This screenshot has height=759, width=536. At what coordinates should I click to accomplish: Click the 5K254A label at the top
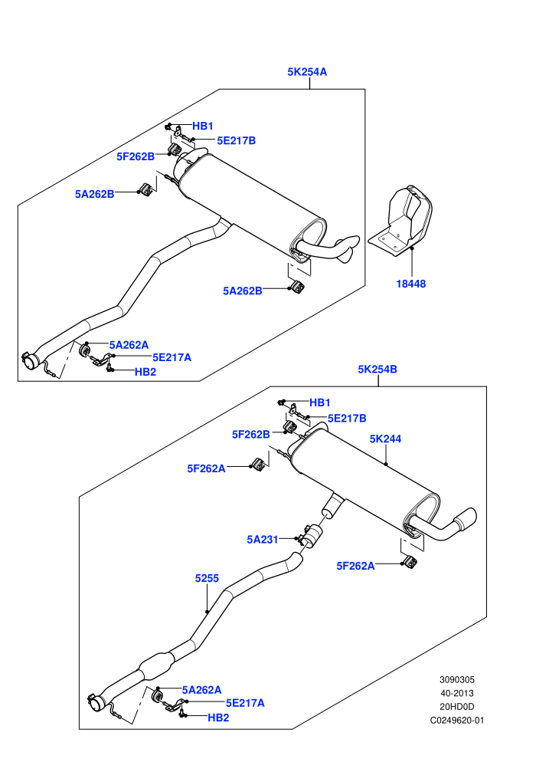pos(307,72)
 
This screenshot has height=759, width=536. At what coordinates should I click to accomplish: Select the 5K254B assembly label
pos(377,370)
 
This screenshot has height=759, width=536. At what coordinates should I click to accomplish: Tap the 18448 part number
pos(411,284)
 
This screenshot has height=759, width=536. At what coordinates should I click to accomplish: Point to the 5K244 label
pos(385,439)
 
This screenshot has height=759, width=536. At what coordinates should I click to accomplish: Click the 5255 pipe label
pos(207,578)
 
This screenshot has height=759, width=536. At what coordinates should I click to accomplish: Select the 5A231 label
pos(263,540)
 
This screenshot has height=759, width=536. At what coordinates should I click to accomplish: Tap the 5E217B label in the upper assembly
pos(236,141)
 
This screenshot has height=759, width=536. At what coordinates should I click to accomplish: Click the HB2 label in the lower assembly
pos(218,718)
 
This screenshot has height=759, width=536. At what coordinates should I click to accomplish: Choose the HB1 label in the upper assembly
pos(202,127)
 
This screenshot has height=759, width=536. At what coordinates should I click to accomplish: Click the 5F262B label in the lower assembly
pos(251,435)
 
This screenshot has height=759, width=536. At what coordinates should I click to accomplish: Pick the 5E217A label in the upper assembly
pos(172,358)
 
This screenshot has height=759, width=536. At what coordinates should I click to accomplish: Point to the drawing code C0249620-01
pos(456,720)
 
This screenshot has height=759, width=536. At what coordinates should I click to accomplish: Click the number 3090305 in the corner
pos(456,679)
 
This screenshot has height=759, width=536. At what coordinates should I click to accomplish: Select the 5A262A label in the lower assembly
pos(201,690)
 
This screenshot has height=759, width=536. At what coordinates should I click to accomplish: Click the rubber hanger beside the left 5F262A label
pos(259,464)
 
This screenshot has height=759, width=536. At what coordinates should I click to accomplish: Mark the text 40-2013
pos(456,693)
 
